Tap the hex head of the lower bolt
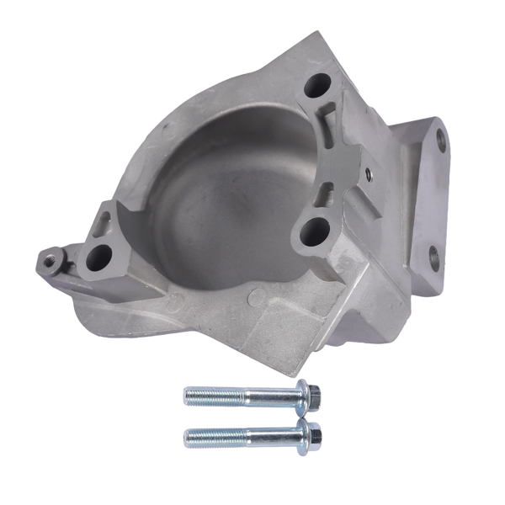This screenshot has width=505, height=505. click(314, 435)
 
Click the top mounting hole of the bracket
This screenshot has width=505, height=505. click(318, 84)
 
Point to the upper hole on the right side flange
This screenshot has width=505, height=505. click(438, 141)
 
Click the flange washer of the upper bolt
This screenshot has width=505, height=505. click(301, 394)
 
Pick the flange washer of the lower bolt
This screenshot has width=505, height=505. click(302, 435)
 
